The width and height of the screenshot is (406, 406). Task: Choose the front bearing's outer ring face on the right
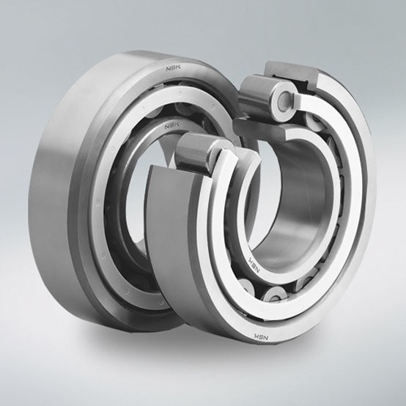(x=359, y=220)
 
